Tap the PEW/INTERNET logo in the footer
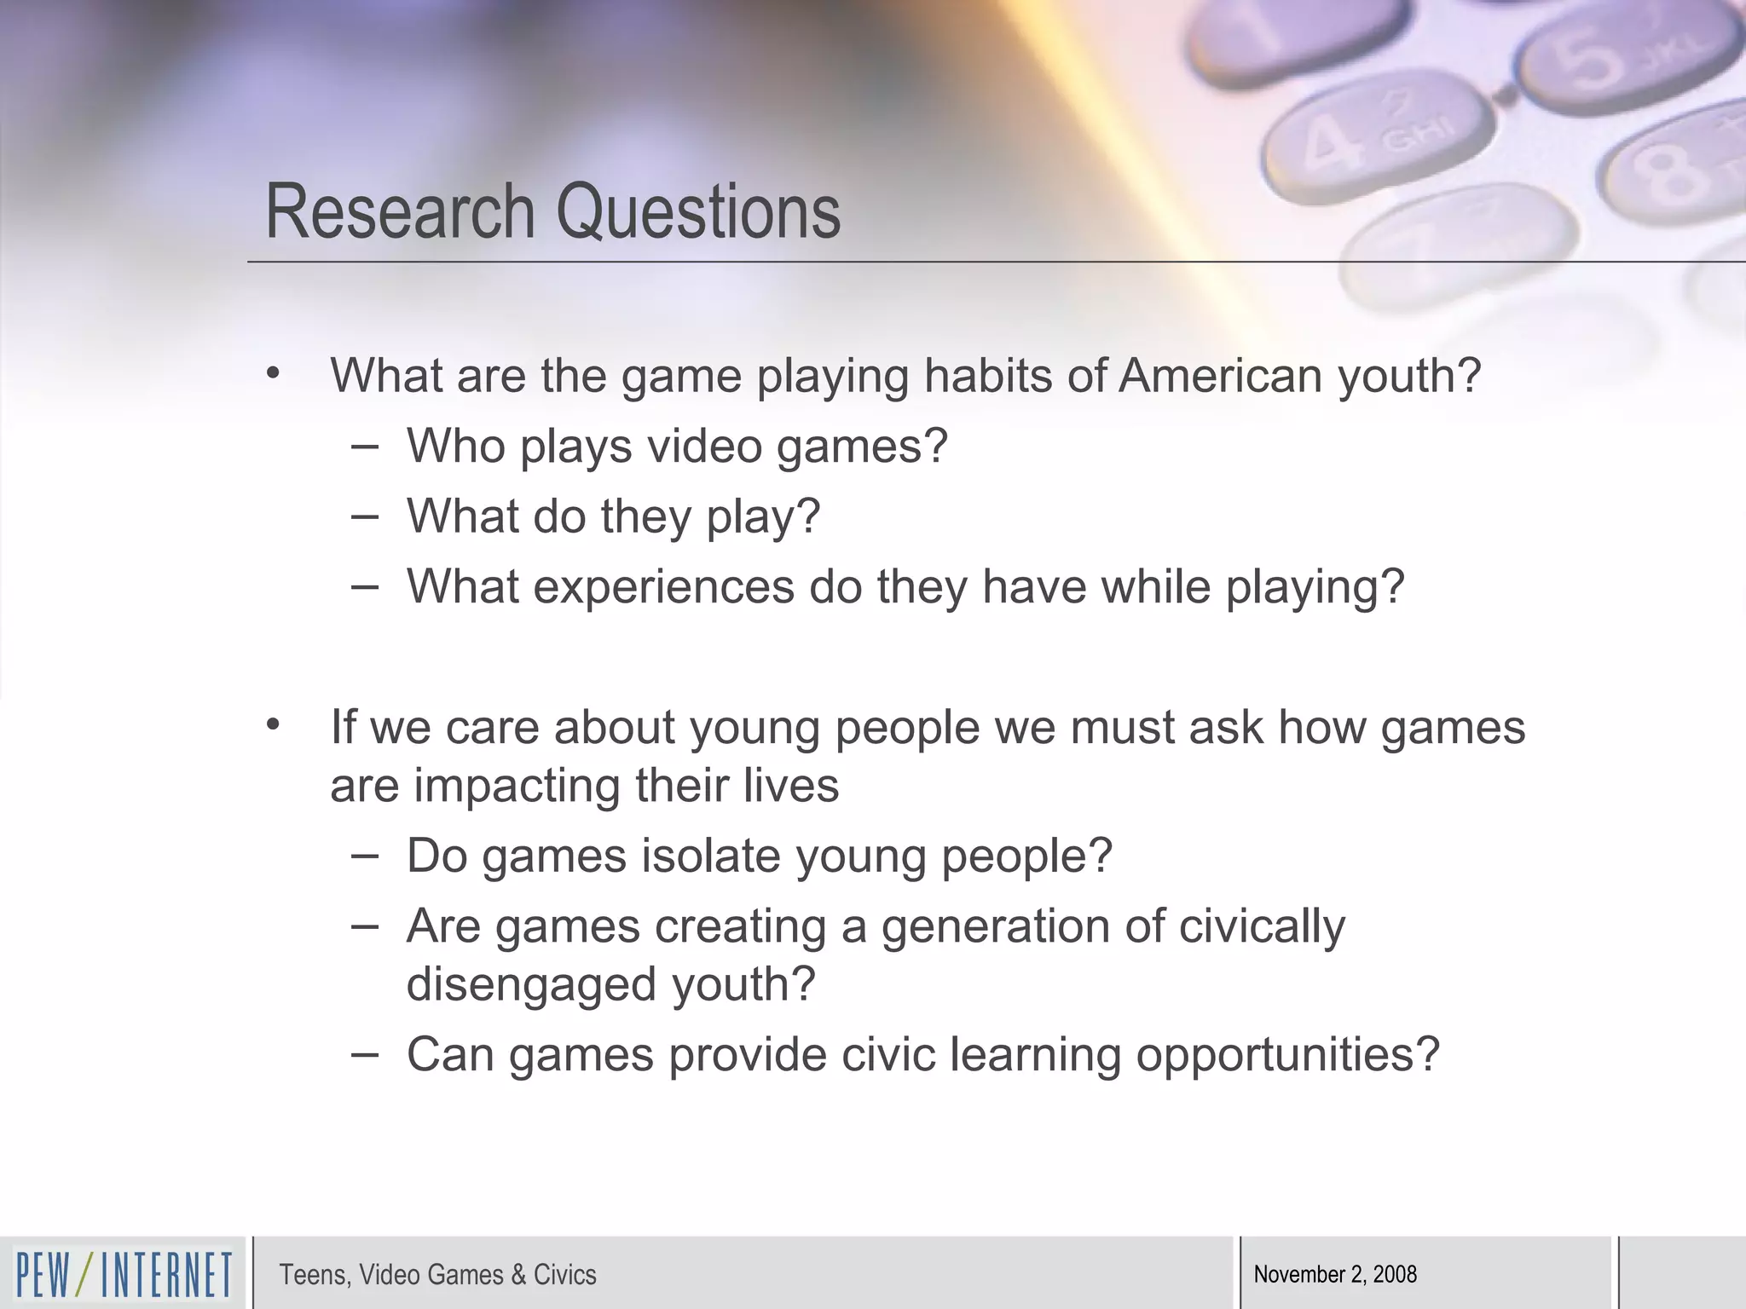click(124, 1274)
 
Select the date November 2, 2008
click(1335, 1274)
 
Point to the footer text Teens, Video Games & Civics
click(437, 1274)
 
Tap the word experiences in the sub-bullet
click(663, 587)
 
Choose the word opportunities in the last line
click(1287, 1055)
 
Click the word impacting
click(517, 785)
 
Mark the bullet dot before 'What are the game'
click(273, 373)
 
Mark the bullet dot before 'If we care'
click(273, 725)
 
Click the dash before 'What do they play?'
click(365, 516)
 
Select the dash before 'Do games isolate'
click(365, 856)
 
